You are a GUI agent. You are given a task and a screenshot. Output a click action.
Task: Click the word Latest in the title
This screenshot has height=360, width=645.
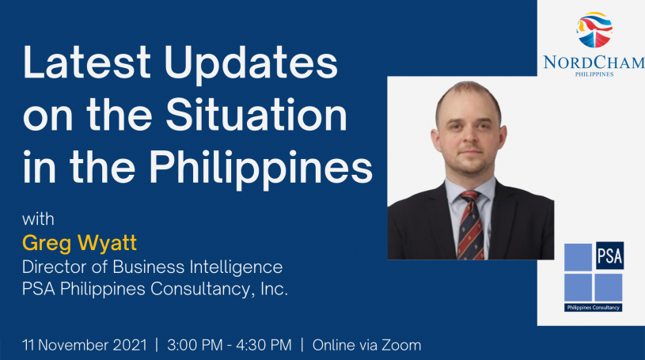point(87,63)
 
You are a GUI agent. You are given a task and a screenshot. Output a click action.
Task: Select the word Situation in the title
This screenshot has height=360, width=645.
point(256,115)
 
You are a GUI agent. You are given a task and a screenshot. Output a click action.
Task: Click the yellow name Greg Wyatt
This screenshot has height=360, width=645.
point(79,243)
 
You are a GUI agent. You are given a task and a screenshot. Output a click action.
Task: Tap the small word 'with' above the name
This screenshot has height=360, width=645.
point(38,219)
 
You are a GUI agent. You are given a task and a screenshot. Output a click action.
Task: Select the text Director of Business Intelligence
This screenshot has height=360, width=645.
point(152,267)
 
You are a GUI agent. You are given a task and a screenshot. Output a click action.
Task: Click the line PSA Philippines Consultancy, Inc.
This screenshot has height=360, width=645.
point(155,289)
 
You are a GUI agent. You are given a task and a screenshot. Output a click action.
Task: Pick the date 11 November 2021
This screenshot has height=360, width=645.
point(85,345)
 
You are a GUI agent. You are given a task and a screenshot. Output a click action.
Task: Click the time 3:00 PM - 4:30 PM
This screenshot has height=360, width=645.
point(230,345)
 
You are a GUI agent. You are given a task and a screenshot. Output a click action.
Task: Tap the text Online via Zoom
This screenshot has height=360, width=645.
point(366,345)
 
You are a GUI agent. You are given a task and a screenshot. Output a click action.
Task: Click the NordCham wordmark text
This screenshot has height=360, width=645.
point(594,63)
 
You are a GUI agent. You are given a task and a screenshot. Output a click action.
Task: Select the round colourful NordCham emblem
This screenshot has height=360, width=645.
point(594,29)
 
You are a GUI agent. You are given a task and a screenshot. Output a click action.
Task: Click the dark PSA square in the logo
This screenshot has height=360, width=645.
point(609,256)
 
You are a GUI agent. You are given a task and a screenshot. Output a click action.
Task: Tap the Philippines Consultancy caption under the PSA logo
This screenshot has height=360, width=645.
point(594,307)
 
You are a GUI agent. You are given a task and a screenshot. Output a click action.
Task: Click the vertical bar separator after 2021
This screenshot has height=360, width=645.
point(157,345)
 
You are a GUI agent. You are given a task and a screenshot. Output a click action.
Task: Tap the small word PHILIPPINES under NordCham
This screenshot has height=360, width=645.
point(594,74)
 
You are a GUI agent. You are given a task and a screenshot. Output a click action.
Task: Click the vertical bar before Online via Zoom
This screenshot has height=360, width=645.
point(302,345)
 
